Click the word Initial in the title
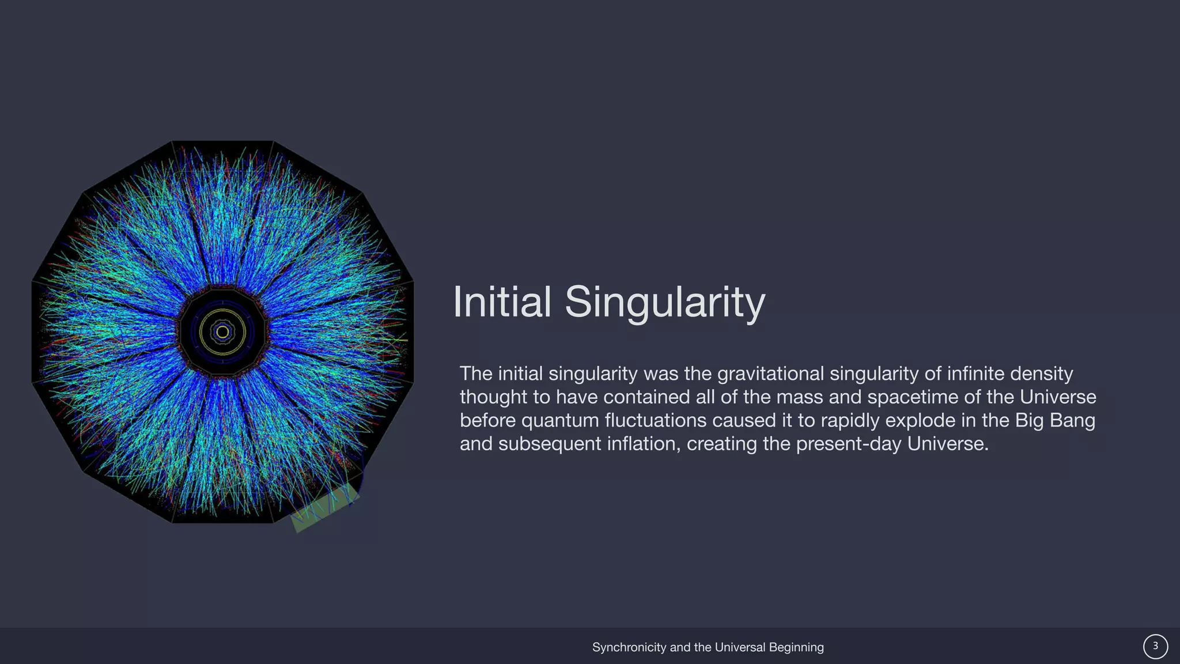(502, 301)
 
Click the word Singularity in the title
(665, 301)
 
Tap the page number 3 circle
(1155, 647)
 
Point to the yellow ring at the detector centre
(222, 332)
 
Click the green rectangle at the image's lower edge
(324, 507)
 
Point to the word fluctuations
(656, 420)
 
